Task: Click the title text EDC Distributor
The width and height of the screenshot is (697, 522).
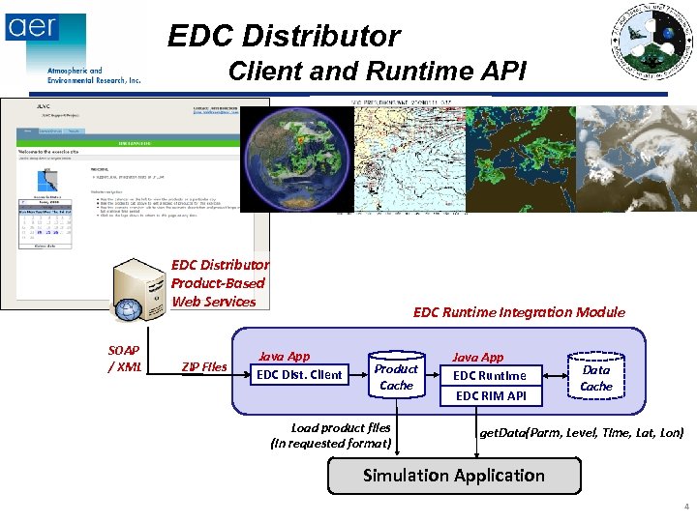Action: (284, 37)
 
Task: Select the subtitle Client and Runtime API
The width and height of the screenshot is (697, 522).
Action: (377, 72)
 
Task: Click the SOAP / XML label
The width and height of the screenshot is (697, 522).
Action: (123, 359)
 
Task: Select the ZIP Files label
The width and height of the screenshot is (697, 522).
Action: (203, 366)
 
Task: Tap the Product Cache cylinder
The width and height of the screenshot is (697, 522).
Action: (396, 377)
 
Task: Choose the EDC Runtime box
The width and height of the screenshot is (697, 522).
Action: (490, 375)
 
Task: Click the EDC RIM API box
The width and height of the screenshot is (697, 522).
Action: (490, 395)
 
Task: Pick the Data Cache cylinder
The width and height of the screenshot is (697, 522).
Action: (596, 377)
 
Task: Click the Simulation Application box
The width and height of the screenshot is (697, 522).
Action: (454, 476)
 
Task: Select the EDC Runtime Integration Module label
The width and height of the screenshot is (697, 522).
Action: (519, 312)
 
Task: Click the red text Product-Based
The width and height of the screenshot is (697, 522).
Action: (218, 282)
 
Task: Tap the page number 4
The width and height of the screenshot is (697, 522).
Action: (685, 507)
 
